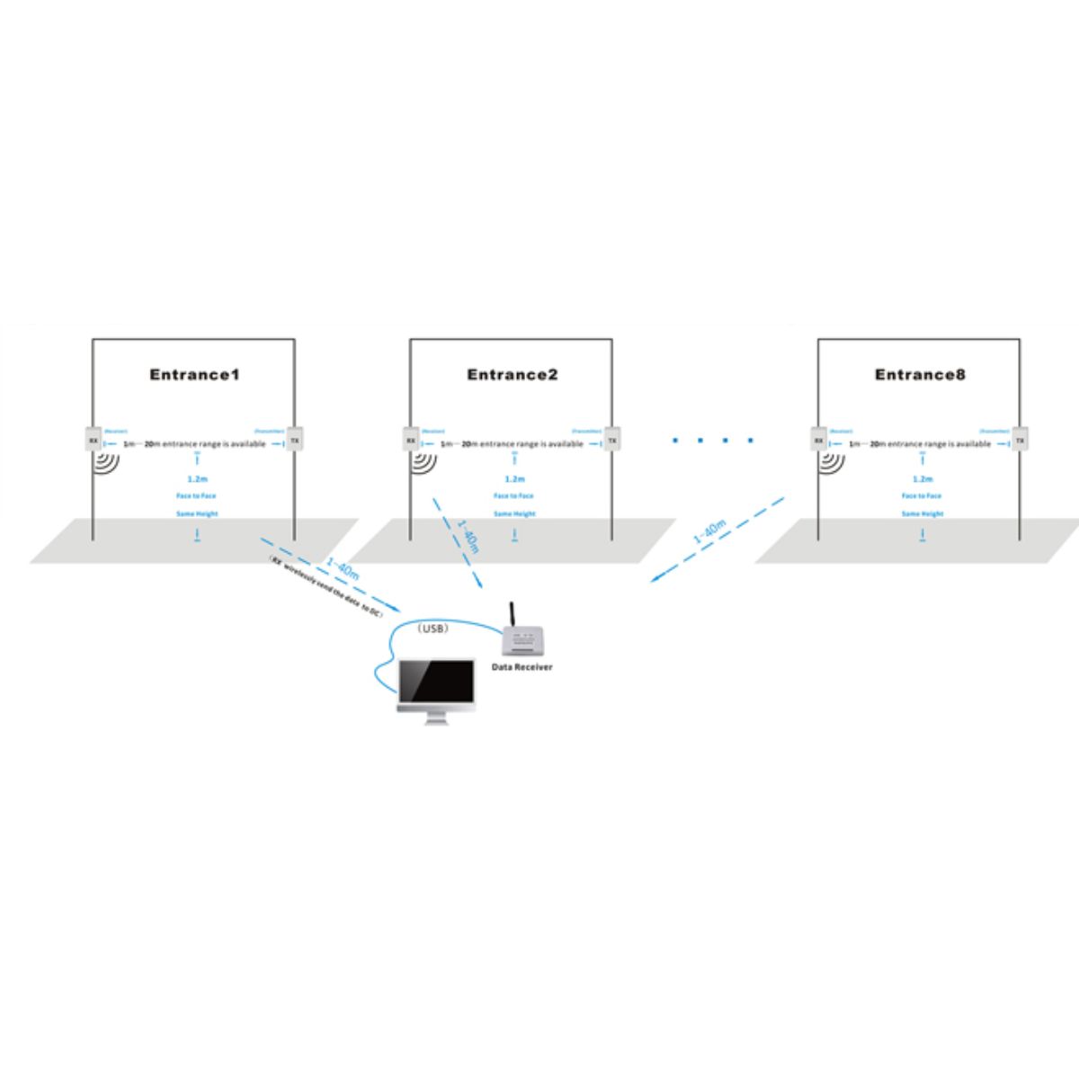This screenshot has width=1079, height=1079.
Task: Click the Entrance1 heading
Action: click(x=194, y=375)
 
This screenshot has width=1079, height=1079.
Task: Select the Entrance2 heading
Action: click(x=513, y=375)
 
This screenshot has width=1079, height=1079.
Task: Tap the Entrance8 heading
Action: click(x=920, y=375)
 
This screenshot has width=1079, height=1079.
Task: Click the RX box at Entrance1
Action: click(x=93, y=441)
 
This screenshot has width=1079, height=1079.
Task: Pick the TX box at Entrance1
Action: click(x=295, y=441)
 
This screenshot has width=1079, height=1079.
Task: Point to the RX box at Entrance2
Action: click(x=411, y=441)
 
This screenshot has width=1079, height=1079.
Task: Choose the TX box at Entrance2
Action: click(x=612, y=441)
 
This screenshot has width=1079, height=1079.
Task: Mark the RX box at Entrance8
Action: click(x=818, y=441)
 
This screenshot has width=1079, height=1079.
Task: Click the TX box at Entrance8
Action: click(x=1021, y=441)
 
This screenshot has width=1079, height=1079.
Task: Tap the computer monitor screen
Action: click(x=436, y=683)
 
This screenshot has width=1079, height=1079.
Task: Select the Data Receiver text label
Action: click(x=522, y=667)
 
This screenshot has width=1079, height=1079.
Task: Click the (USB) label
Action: click(x=432, y=629)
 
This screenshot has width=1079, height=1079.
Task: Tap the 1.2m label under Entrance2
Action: click(x=514, y=479)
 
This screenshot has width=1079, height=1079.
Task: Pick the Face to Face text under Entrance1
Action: click(x=196, y=496)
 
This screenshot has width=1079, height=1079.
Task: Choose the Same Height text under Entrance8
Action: click(x=922, y=513)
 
